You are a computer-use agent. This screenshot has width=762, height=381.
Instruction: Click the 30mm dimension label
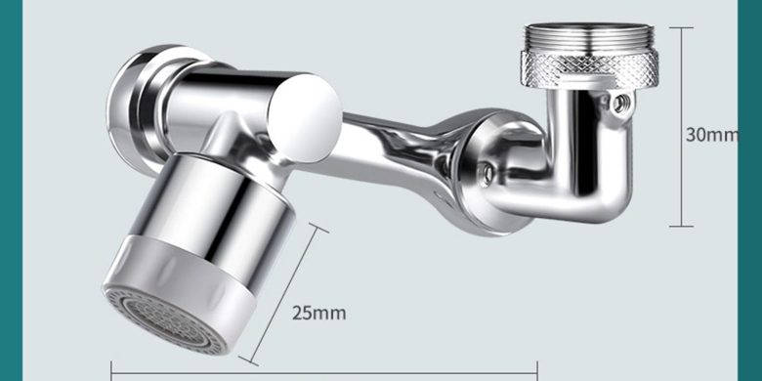coord(711,135)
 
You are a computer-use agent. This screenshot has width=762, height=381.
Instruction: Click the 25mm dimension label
coord(319,313)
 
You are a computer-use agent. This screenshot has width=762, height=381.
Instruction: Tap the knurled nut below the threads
coord(589,68)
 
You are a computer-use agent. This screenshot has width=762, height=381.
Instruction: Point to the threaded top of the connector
coord(589,37)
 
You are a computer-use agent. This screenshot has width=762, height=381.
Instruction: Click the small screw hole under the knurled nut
coord(619,103)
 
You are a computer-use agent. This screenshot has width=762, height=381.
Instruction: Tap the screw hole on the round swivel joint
coord(485,170)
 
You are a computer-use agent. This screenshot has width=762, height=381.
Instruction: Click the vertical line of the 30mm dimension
coord(681,127)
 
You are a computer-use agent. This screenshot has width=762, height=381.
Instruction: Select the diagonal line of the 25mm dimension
coord(284,295)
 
